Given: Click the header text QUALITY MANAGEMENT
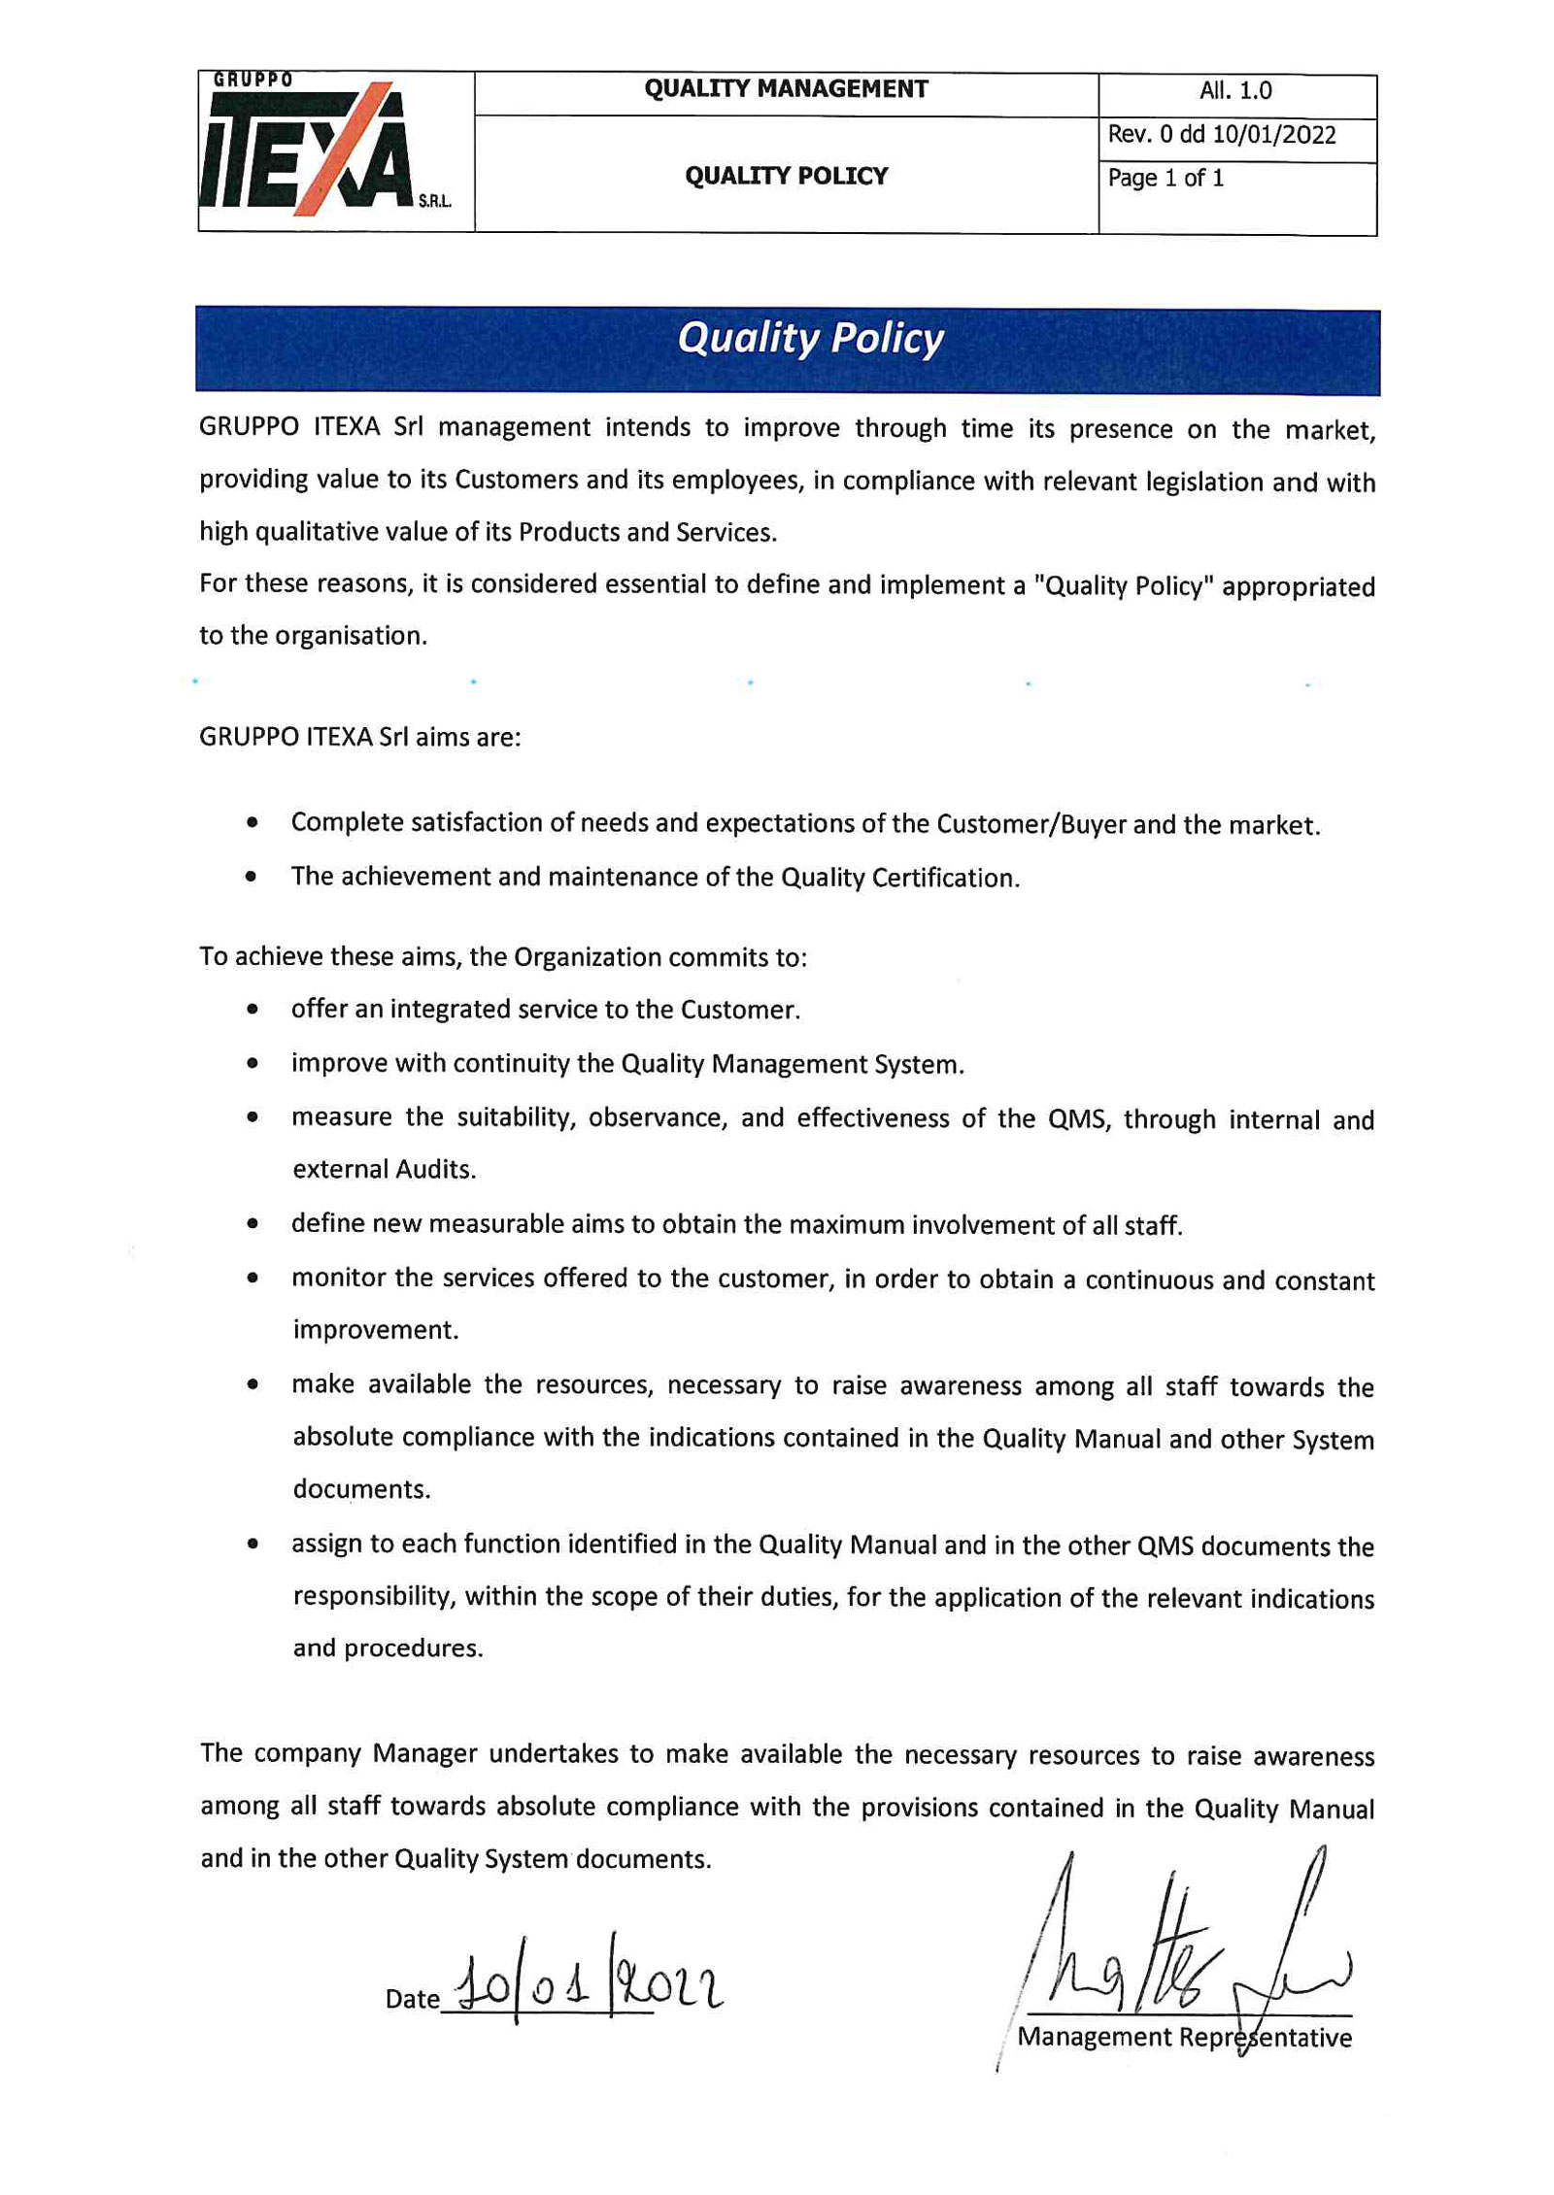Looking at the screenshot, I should coord(785,89).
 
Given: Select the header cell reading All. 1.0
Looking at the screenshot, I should coord(1234,91).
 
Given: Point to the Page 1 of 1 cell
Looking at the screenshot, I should coord(1165,179).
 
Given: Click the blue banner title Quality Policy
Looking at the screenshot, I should coord(809,339).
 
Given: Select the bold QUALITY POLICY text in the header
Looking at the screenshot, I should coord(785,177).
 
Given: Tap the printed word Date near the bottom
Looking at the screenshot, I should coord(412,1998).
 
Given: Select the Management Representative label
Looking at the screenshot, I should coord(1183,2036).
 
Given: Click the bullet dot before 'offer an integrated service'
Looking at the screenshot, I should coord(253,1009).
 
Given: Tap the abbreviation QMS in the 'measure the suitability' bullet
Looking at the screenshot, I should coord(1077,1119).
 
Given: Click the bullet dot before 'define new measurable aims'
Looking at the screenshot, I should coord(253,1223).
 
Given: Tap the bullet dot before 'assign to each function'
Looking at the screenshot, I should coord(253,1543).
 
